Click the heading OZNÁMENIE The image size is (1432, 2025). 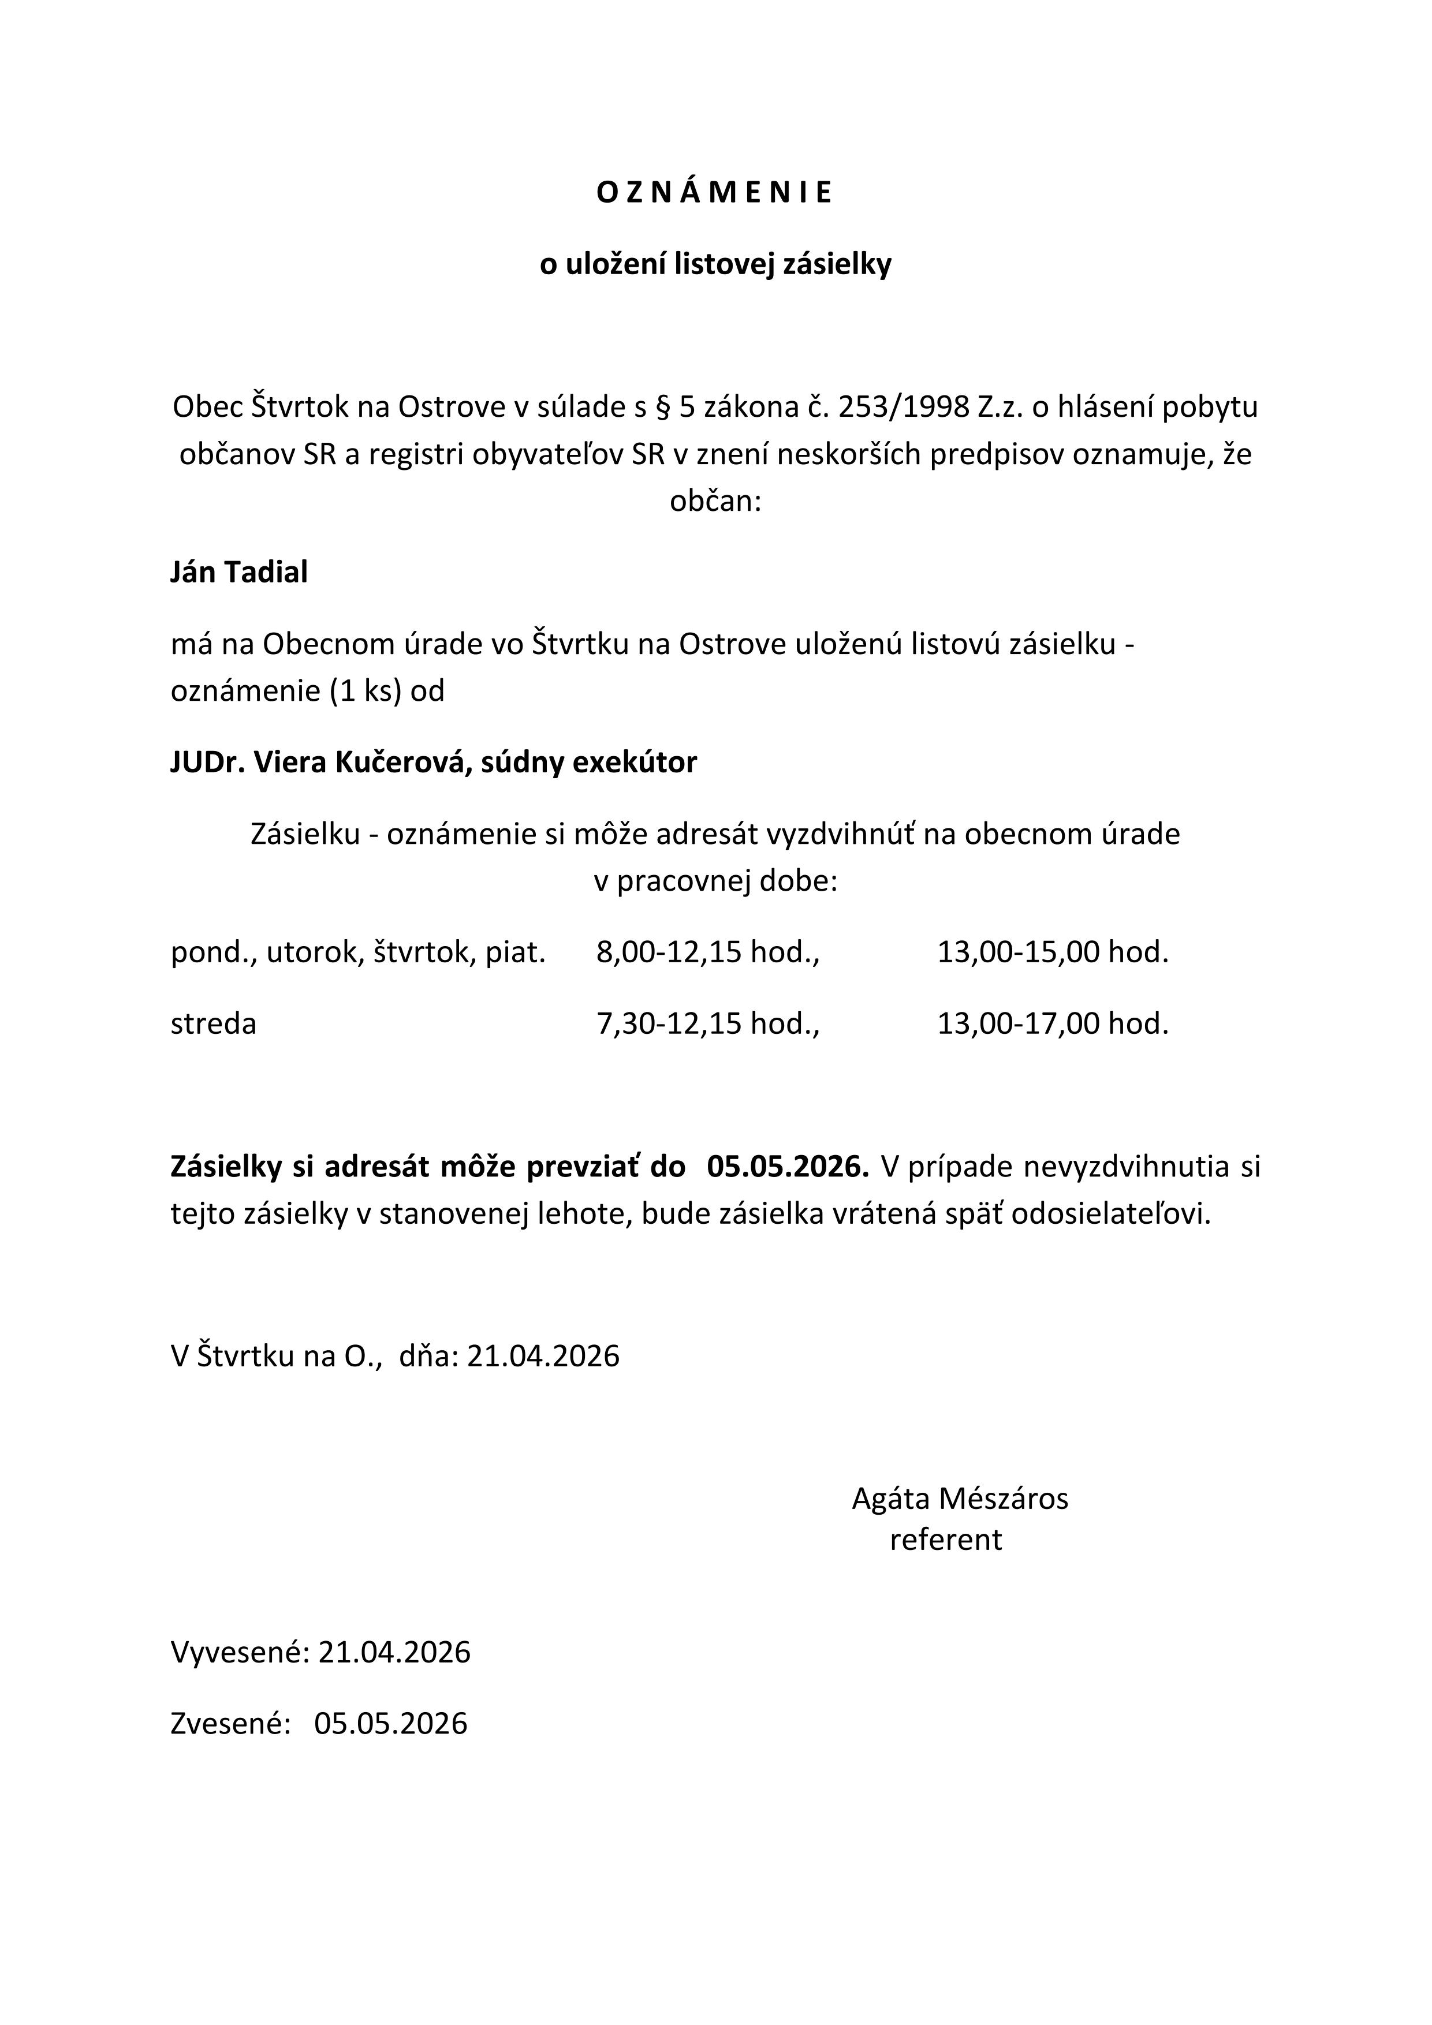point(715,193)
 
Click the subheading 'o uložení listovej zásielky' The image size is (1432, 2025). point(715,264)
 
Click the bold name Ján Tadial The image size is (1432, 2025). point(239,573)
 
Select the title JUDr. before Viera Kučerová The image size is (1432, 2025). point(208,762)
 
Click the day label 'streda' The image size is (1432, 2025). point(214,1024)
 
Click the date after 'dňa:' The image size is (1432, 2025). point(543,1355)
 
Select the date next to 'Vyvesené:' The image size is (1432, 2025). point(394,1652)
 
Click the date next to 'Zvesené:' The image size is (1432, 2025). point(391,1723)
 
